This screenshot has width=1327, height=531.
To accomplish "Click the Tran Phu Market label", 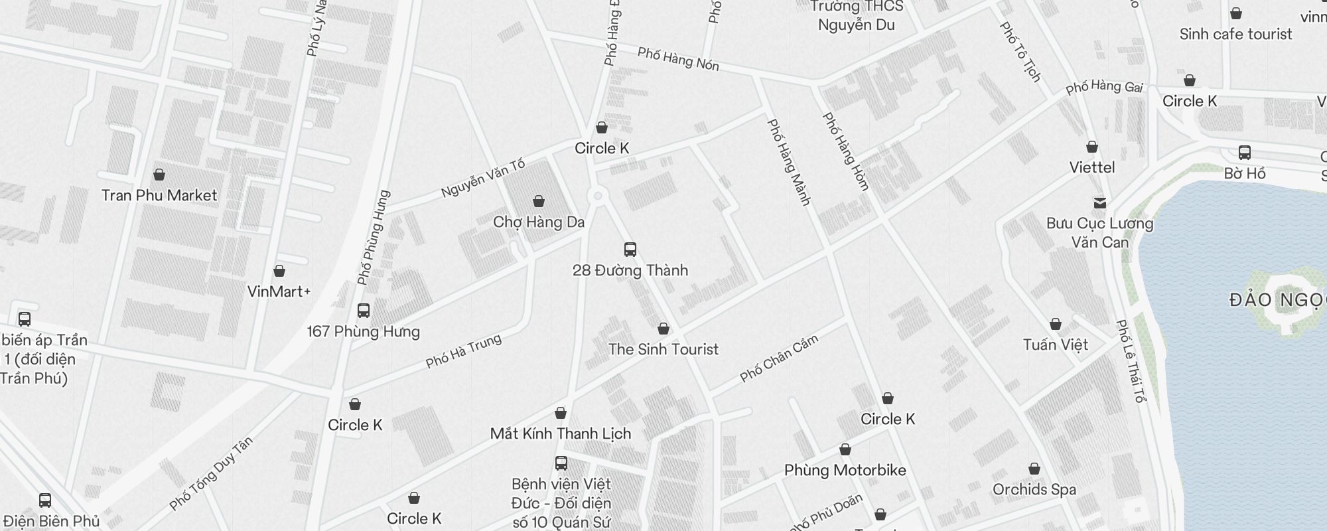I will coord(159,195).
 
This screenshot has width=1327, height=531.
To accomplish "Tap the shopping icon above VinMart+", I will coord(279,271).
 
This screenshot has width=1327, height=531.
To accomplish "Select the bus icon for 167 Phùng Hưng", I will coord(363,310).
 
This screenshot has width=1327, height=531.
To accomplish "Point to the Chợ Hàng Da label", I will coord(539,222).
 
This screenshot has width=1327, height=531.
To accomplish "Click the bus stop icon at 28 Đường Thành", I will coord(630,250).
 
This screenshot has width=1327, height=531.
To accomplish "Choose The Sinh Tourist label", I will coord(663,349).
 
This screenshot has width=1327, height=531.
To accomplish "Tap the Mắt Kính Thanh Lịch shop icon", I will coord(561,413).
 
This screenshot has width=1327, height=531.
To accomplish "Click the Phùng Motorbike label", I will coord(845,471).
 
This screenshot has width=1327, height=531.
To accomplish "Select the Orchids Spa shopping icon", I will coord(1034,469).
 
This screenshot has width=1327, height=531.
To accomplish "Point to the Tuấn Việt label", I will coord(1055,344).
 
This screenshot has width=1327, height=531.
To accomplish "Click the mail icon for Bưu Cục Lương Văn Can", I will coord(1099,202).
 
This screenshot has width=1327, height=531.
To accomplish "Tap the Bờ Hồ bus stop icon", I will coord(1244,153).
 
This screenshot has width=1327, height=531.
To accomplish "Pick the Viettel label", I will coord(1091,167).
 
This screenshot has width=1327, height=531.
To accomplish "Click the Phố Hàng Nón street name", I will coord(678,58).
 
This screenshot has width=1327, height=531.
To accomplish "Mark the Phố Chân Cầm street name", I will coord(779,359).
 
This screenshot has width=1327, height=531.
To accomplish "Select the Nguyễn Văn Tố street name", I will coord(483,178).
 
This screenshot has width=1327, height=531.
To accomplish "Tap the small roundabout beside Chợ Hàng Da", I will coord(598,195).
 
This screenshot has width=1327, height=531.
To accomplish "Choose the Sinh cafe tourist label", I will coord(1235,34).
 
